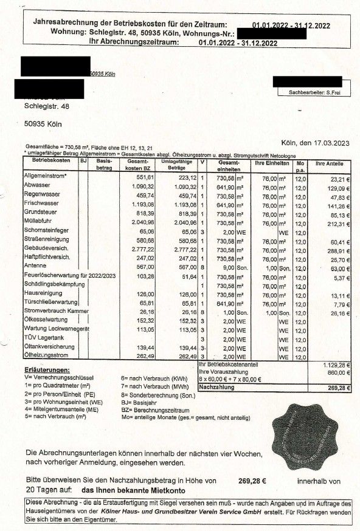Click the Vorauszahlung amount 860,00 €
341,371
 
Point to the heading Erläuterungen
47,369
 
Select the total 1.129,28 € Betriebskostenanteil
339,365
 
